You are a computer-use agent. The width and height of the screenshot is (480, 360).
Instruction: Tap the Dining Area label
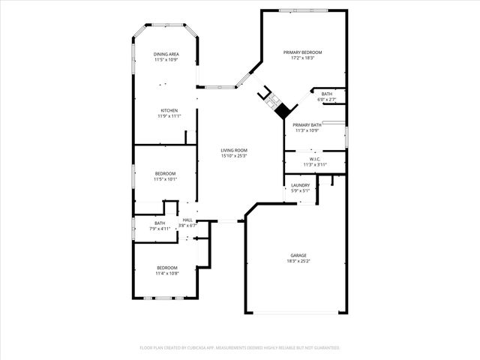pos(166,54)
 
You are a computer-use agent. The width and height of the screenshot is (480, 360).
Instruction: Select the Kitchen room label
pos(169,111)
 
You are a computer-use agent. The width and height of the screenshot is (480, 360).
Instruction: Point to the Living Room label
pos(234,151)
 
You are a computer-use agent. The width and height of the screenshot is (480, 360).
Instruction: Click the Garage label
pos(298,256)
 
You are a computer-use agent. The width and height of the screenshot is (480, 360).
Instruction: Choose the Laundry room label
pos(301,185)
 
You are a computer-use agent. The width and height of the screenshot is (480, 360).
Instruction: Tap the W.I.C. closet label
pos(315,158)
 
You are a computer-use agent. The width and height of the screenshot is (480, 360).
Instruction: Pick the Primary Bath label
pos(307,125)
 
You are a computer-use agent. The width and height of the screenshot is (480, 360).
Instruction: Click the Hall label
pos(187,220)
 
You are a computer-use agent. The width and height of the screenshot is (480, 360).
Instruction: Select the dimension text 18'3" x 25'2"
pos(298,262)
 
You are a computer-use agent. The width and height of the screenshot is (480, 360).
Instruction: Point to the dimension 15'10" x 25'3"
pos(234,156)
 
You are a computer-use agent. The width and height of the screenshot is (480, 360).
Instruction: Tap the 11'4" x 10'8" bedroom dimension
pos(167,273)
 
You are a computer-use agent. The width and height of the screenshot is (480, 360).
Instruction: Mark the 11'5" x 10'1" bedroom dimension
pos(165,179)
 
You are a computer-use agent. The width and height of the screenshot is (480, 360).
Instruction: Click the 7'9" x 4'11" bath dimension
pos(160,228)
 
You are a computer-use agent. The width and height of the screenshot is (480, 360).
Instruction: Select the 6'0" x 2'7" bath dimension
pos(327,100)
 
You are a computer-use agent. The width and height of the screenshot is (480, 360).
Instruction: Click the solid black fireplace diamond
pos(282,110)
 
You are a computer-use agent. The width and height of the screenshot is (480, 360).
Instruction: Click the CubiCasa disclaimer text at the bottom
pos(240,348)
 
